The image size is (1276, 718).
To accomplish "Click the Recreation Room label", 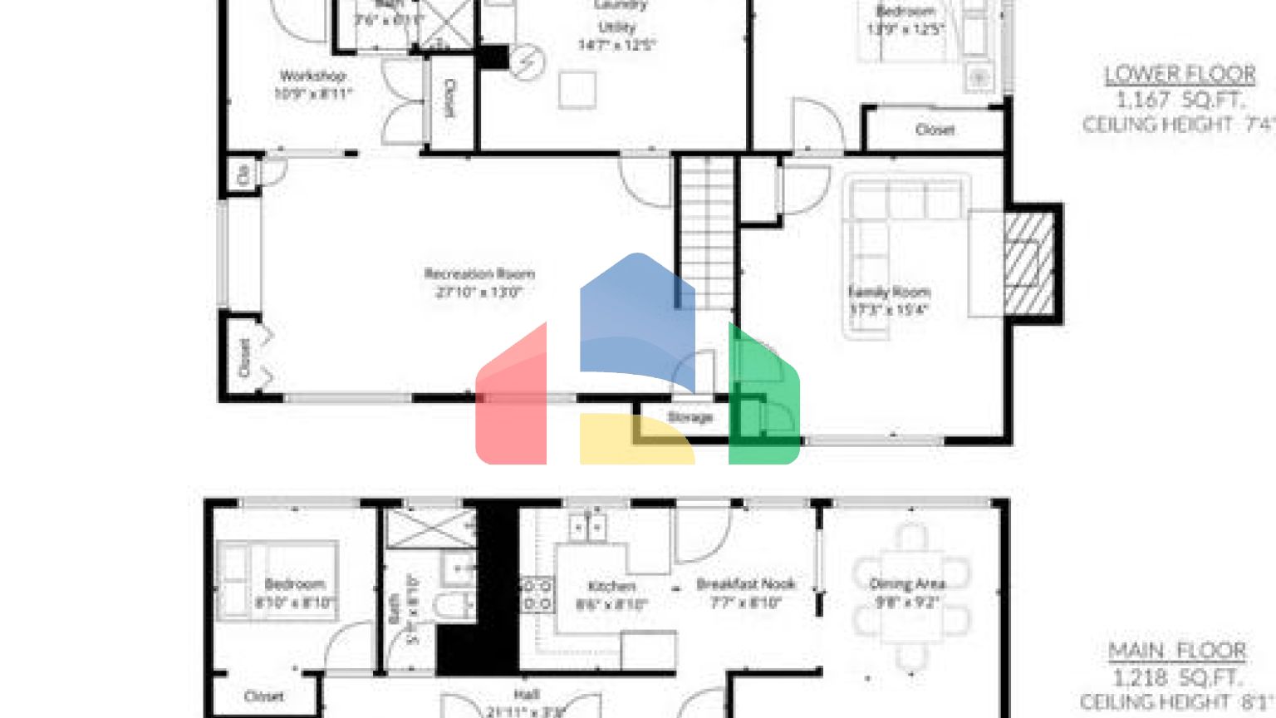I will coord(479,274).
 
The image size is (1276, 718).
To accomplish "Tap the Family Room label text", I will coord(888,293).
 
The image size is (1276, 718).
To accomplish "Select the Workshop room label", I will coord(312,76).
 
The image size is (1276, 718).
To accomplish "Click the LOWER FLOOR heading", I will coord(1180,75).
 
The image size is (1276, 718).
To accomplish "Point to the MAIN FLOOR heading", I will coord(1177,652).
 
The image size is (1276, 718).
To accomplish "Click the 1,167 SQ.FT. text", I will coord(1180,101).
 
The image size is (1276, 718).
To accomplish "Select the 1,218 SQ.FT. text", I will coord(1177,677).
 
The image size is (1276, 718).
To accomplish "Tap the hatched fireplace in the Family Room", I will coord(1029,263).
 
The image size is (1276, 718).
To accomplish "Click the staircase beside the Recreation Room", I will coord(706,233).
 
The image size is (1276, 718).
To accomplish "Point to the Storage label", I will coord(690,417).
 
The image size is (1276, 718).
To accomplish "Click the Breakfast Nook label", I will coord(745,584).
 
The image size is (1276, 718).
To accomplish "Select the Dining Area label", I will coord(906,583).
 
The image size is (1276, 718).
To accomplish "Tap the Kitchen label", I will coord(611,587).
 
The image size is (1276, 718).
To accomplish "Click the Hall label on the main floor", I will coord(527,695).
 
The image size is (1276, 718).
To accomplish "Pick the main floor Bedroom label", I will coord(294,584).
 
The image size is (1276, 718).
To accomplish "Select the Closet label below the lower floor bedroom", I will coord(935,130).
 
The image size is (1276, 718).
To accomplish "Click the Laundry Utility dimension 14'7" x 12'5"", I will coord(616,45).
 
